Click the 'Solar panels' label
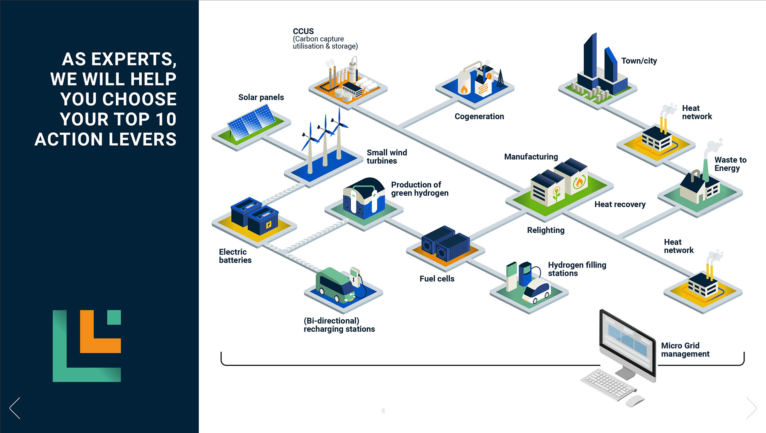[261, 97]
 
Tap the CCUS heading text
[303, 31]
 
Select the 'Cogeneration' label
[479, 117]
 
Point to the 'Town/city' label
[639, 61]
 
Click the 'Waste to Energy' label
[730, 164]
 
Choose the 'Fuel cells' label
[437, 279]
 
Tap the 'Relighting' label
[545, 230]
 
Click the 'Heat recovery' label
[620, 205]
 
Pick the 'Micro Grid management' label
[685, 350]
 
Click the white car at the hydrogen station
[537, 291]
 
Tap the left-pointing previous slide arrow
[15, 408]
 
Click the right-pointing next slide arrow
[751, 408]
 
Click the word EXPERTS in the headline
[134, 59]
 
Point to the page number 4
[383, 411]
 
